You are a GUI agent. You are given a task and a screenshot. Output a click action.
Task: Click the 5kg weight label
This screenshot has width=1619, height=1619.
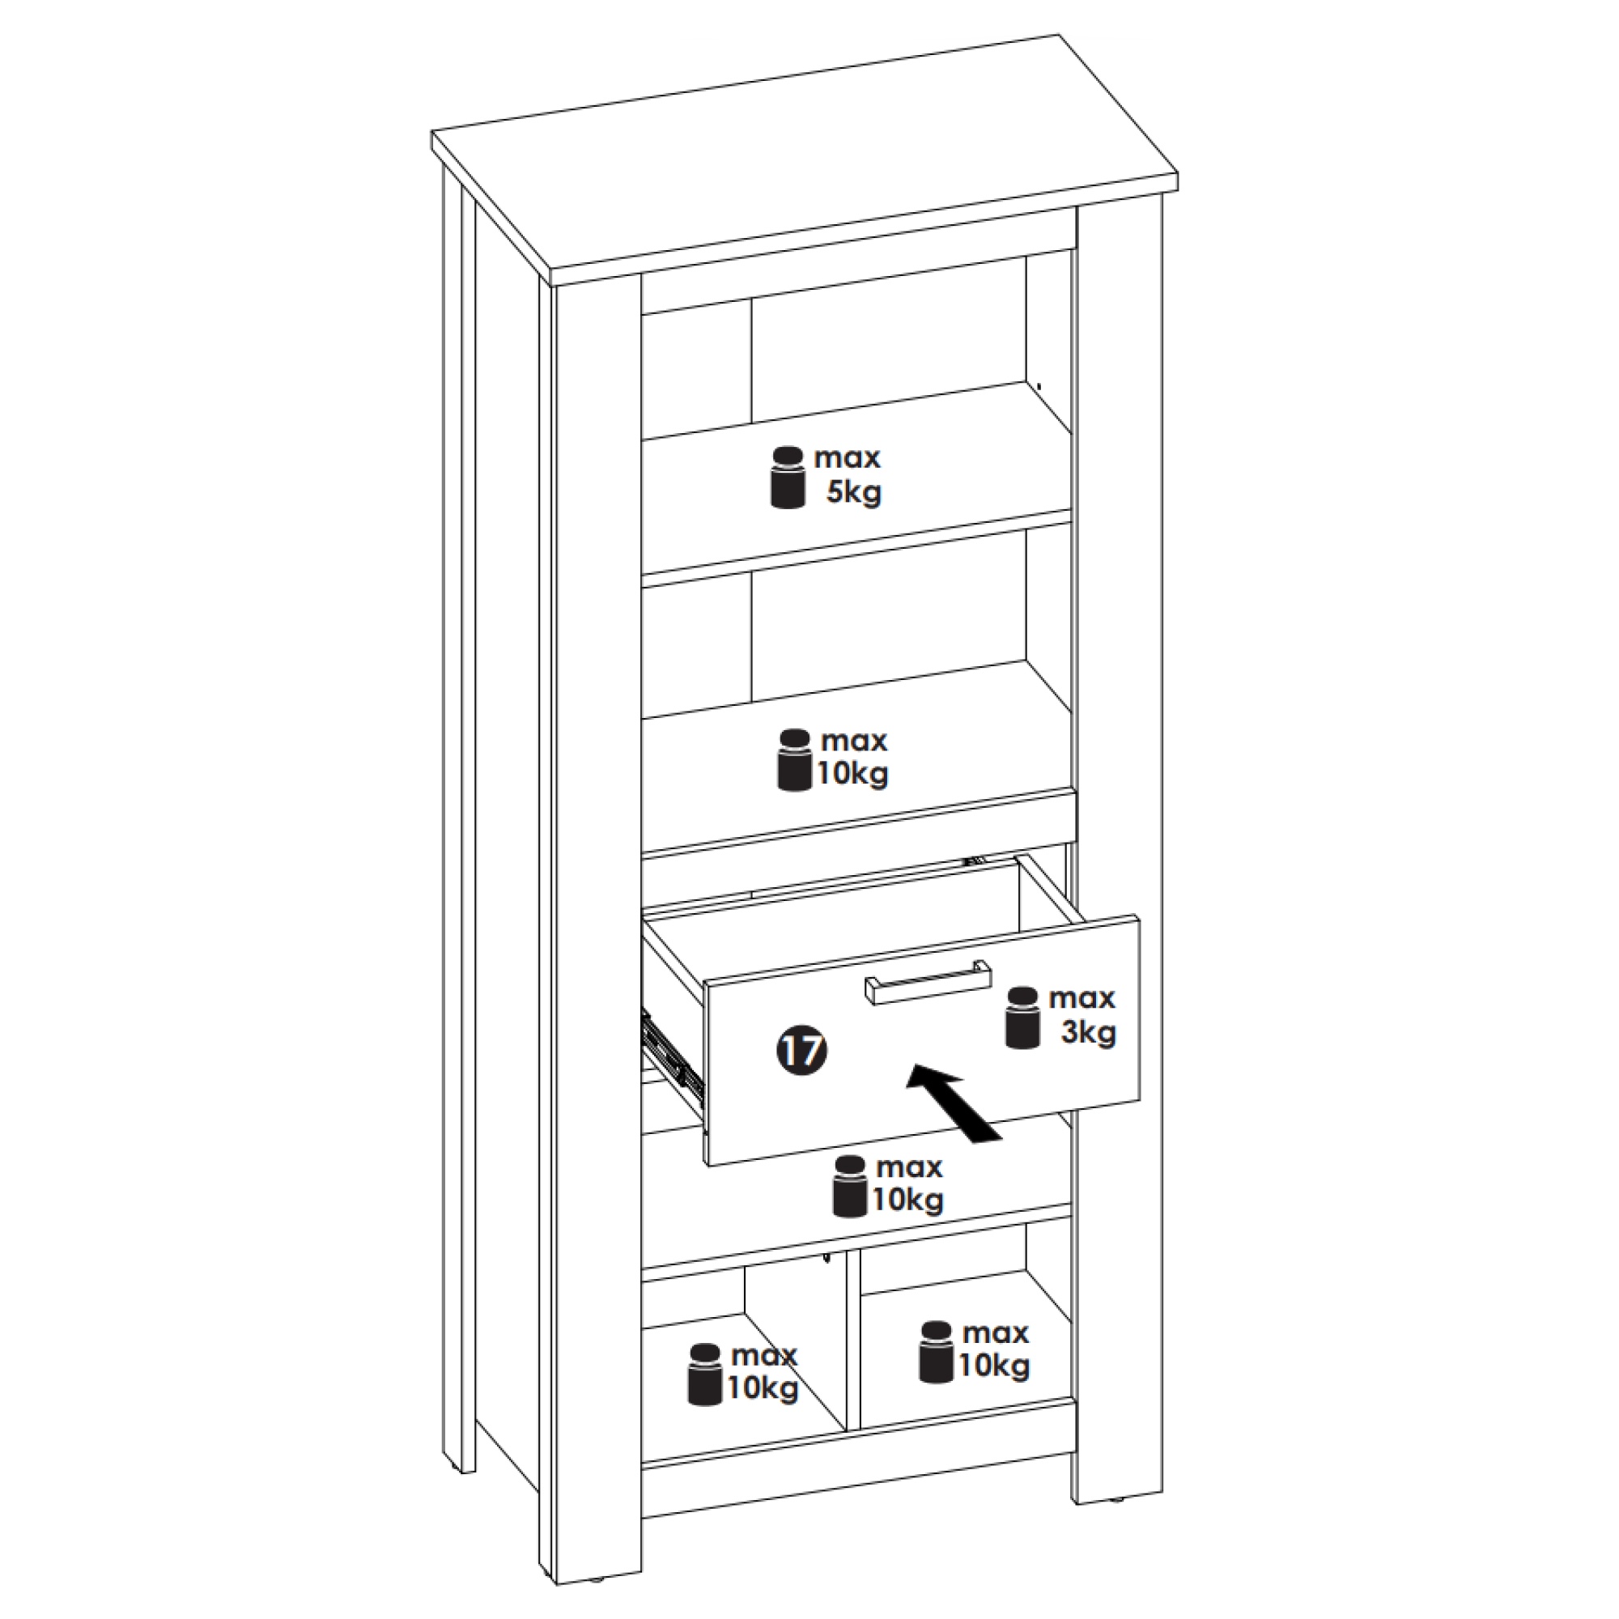coord(854,492)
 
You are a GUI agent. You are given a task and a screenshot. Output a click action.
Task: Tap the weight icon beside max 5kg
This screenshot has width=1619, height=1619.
coord(788,477)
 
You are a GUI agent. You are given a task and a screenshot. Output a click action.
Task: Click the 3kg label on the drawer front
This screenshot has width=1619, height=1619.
coord(1089,1032)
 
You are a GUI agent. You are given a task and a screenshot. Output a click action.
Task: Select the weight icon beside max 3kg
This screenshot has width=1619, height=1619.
coord(1022,1018)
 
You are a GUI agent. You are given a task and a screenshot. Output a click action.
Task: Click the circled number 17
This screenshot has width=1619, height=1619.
coord(802,1050)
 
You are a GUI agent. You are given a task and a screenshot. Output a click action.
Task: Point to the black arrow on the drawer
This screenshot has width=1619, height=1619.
coord(954,1102)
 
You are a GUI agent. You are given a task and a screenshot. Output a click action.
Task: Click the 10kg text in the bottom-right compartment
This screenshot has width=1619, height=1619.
coord(994,1366)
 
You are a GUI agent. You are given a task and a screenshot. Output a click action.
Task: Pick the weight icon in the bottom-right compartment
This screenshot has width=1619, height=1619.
coord(936,1352)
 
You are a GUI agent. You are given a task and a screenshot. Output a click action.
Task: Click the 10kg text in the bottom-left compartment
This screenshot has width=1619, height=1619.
coord(763,1388)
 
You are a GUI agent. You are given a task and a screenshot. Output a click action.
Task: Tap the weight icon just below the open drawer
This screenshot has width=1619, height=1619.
coord(850,1186)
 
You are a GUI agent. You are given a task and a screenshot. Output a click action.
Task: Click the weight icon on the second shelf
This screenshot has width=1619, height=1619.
coord(794,760)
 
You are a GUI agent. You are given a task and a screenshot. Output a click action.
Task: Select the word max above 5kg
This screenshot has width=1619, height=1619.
coord(848,457)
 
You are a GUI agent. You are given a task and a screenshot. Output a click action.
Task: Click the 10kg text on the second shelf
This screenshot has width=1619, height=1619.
coord(852,773)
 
